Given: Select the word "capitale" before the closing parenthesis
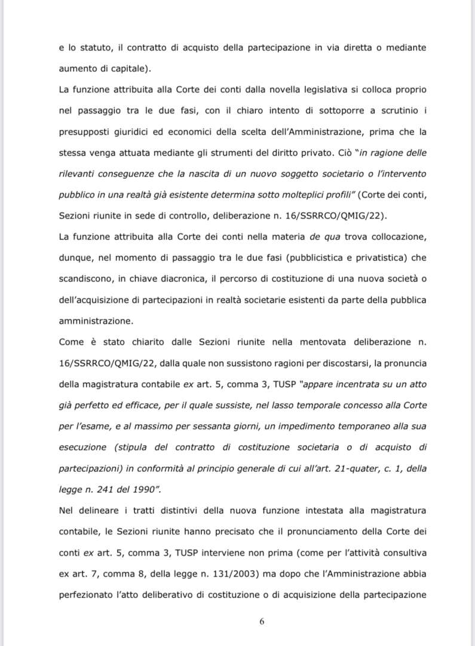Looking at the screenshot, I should (129, 69).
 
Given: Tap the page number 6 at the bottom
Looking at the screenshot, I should (262, 621).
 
